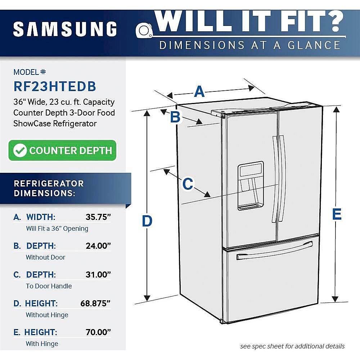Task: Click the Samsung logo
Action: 65,29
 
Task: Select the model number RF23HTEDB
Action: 55,86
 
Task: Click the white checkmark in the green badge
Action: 20,150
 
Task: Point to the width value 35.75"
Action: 98,217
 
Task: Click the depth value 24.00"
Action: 98,246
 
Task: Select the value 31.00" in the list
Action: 98,275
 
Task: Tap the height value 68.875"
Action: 95,303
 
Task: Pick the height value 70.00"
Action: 98,332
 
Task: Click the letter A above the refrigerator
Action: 199,92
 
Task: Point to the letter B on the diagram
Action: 175,117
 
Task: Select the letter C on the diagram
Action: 188,184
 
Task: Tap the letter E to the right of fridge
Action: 337,215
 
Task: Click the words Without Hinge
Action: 47,315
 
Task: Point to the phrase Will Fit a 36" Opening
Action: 57,229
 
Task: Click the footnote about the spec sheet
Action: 292,346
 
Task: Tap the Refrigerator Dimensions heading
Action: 49,188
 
